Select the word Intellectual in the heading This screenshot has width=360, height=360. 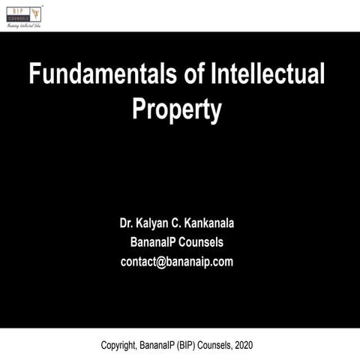264,76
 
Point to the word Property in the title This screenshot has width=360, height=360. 177,109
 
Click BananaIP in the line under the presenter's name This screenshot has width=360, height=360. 152,242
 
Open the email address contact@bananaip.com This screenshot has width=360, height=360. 177,262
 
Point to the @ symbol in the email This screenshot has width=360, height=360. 160,262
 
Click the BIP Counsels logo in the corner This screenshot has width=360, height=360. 22,13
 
